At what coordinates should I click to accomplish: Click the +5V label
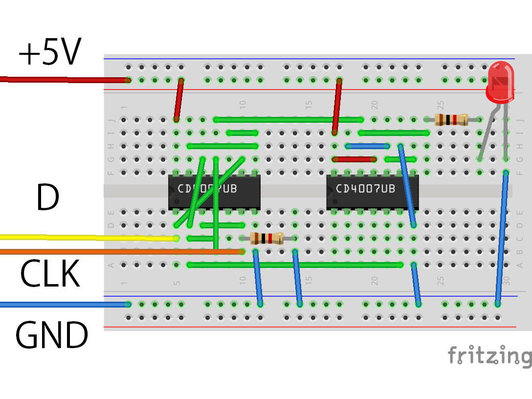click(49, 53)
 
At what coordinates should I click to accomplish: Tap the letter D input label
click(47, 198)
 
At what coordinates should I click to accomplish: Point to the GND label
click(51, 335)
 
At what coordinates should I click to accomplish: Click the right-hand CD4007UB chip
click(372, 192)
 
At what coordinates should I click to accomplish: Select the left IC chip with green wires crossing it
click(214, 192)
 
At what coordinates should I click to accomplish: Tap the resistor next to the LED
click(451, 119)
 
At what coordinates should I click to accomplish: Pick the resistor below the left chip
click(266, 239)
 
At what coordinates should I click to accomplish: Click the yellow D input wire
click(73, 237)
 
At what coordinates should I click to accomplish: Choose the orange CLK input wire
click(98, 252)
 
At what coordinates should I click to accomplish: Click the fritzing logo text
click(489, 355)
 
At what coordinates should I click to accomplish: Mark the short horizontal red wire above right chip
click(354, 159)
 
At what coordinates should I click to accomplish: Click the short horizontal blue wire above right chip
click(367, 146)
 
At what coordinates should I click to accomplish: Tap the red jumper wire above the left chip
click(179, 100)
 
